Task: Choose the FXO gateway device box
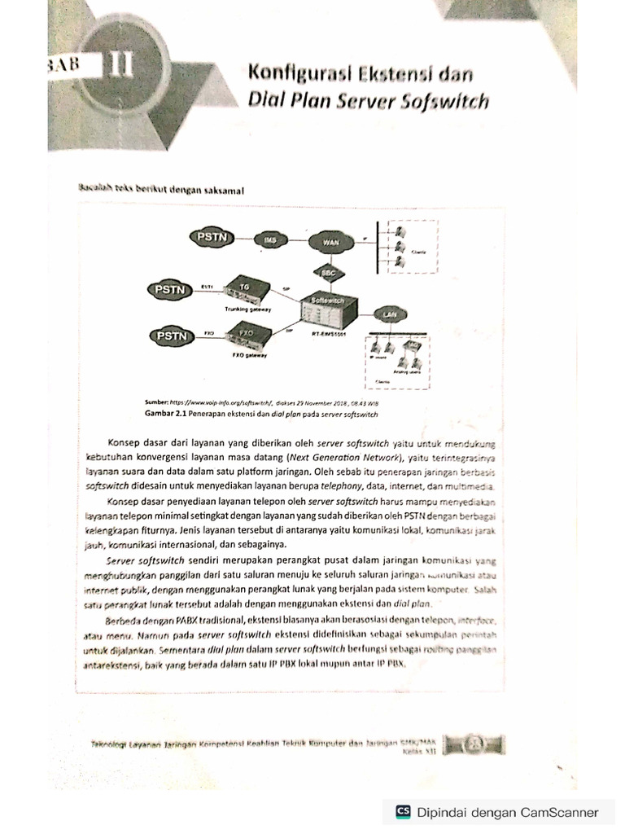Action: pyautogui.click(x=243, y=334)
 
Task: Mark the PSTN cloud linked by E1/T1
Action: pyautogui.click(x=168, y=288)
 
